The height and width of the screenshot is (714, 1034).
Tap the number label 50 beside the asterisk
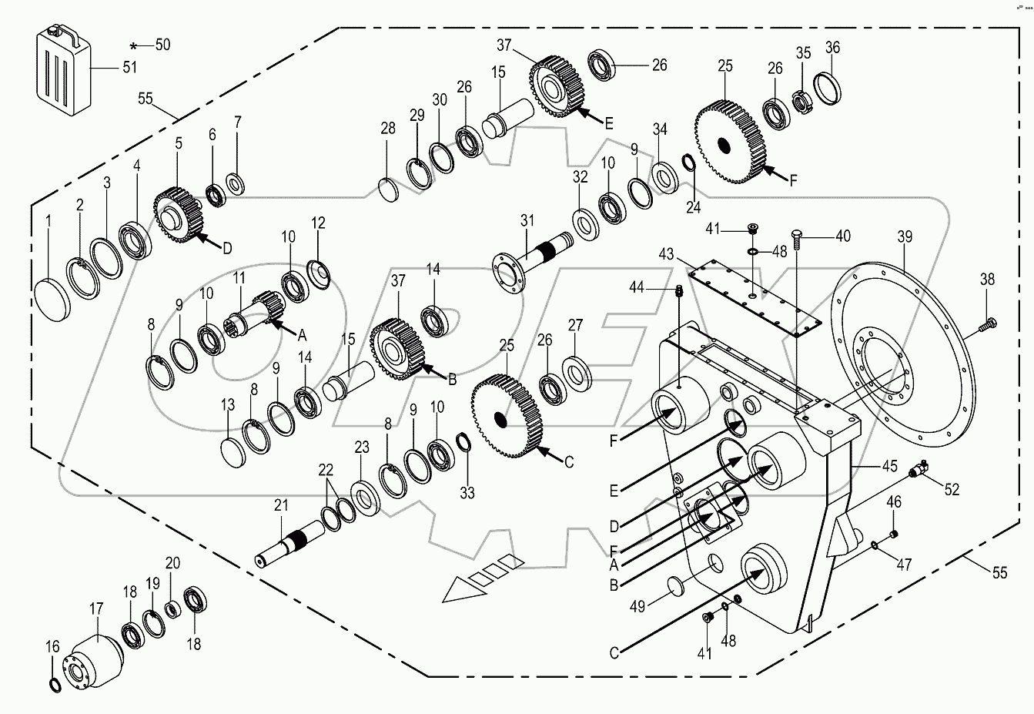162,45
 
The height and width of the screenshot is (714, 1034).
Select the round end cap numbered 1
53,300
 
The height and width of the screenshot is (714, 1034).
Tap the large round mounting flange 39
898,355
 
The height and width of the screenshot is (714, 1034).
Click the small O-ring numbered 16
55,686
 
